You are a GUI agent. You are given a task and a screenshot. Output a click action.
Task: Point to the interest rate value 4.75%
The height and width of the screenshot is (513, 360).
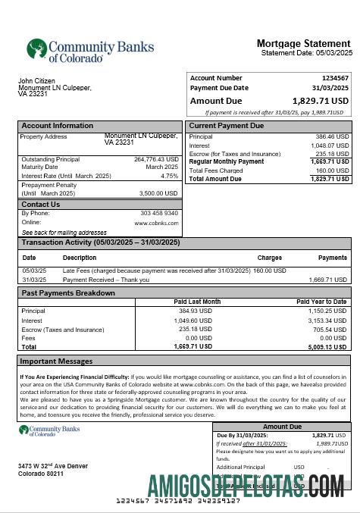(169, 176)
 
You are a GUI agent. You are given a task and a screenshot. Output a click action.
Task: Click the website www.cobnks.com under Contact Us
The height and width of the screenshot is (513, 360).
(156, 223)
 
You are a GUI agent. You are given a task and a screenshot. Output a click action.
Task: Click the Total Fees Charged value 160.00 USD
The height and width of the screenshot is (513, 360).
(332, 170)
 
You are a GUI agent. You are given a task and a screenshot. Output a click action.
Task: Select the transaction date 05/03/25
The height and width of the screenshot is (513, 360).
(34, 271)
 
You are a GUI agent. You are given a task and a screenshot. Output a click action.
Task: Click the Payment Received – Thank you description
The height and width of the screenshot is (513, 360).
(106, 280)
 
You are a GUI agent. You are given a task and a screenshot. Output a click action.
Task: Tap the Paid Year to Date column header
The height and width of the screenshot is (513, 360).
(321, 302)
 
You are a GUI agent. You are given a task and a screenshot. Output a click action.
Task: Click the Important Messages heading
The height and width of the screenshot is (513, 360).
(56, 361)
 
